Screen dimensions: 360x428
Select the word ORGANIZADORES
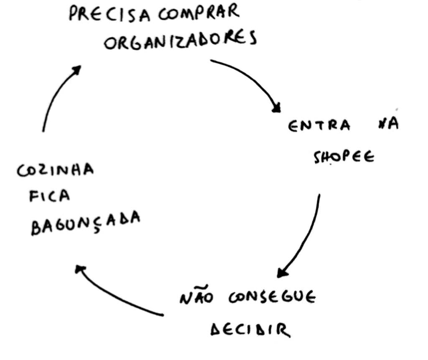tap(180, 41)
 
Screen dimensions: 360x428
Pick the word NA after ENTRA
tap(387, 125)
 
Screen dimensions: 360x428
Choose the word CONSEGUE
tap(272, 297)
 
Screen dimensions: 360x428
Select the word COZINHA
tap(56, 170)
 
